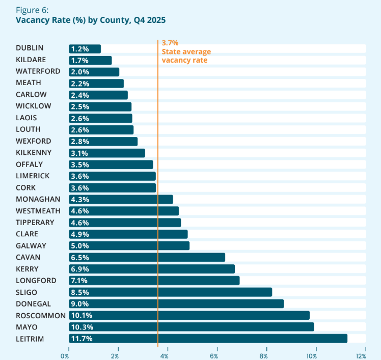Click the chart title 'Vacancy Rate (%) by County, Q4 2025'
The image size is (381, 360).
pyautogui.click(x=91, y=20)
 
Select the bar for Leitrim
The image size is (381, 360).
pyautogui.click(x=208, y=339)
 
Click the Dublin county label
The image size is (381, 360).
pyautogui.click(x=30, y=48)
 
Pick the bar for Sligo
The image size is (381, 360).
pyautogui.click(x=170, y=292)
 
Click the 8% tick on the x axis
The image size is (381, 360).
pyautogui.click(x=263, y=355)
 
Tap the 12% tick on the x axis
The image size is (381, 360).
pyautogui.click(x=361, y=355)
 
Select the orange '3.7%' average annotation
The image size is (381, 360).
pyautogui.click(x=170, y=43)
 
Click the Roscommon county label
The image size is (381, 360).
pyautogui.click(x=41, y=315)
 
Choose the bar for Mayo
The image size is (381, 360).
pyautogui.click(x=192, y=327)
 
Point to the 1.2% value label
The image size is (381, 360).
pyautogui.click(x=80, y=49)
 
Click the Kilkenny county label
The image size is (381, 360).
pyautogui.click(x=34, y=152)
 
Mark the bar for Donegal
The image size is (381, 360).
pyautogui.click(x=176, y=303)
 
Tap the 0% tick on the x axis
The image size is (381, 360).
pyautogui.click(x=65, y=355)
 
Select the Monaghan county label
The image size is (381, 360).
pyautogui.click(x=38, y=199)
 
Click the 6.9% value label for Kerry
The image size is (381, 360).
pyautogui.click(x=80, y=269)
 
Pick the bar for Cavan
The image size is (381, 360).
pyautogui.click(x=147, y=257)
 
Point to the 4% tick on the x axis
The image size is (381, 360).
pyautogui.click(x=164, y=355)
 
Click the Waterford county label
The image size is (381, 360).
pyautogui.click(x=38, y=71)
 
